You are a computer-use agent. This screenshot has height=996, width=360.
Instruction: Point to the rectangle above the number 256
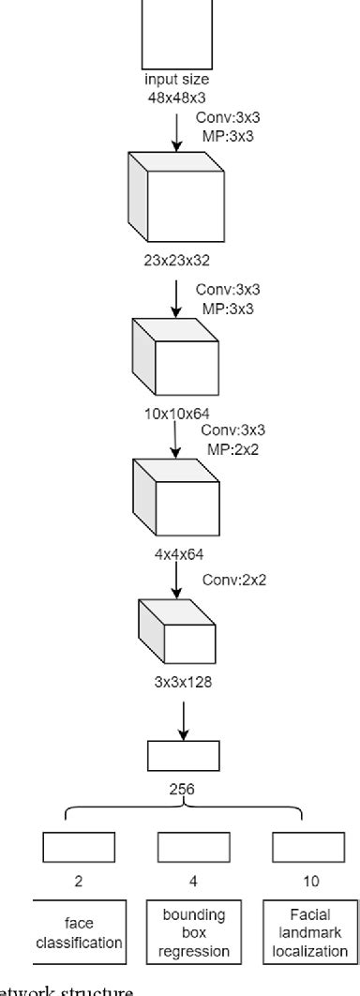pos(183,755)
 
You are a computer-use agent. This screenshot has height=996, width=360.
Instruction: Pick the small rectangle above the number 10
pos(301,847)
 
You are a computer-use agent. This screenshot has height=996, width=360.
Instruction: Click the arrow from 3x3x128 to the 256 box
pos(182,715)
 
